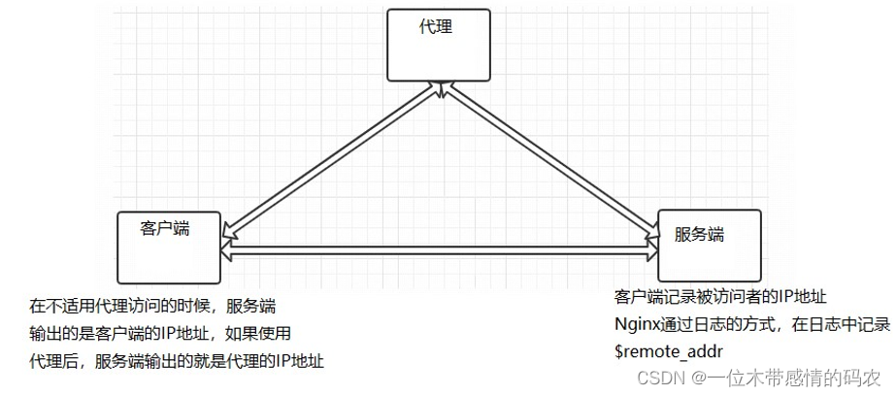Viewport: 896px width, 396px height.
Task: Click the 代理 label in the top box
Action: point(436,26)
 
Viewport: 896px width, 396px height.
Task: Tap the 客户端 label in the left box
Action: point(163,228)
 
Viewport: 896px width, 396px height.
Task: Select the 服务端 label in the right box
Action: point(700,234)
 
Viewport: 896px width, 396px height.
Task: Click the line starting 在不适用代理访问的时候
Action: point(152,307)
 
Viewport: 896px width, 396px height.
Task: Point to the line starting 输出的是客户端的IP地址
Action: point(159,334)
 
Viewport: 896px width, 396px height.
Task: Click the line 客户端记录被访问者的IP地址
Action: point(720,296)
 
